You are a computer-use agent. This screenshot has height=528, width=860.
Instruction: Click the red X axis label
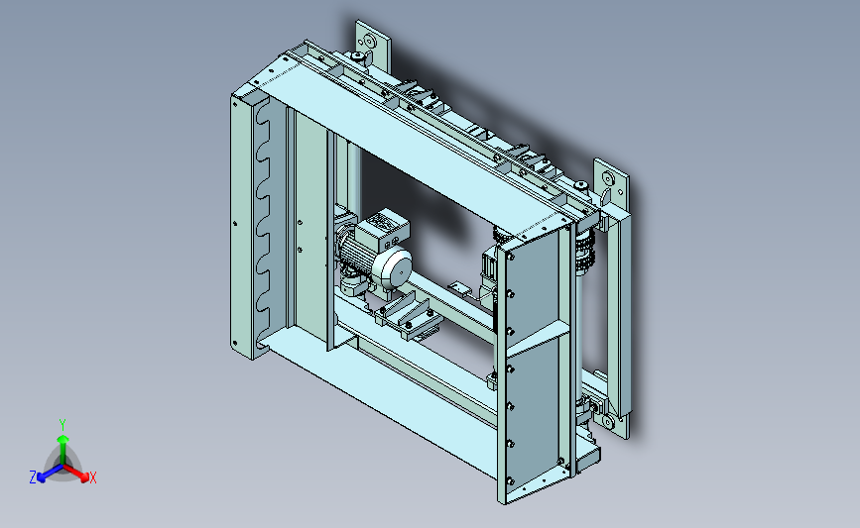click(92, 477)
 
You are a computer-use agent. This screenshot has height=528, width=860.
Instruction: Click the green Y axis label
click(62, 425)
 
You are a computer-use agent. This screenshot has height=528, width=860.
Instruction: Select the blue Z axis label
click(33, 477)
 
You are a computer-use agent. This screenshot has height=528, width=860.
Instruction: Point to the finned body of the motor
click(359, 259)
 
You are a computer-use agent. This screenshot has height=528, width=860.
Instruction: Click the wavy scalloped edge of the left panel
click(265, 224)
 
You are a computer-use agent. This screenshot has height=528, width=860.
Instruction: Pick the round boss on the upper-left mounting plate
click(369, 41)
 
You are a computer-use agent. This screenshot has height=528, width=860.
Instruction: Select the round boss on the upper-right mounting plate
click(608, 178)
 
